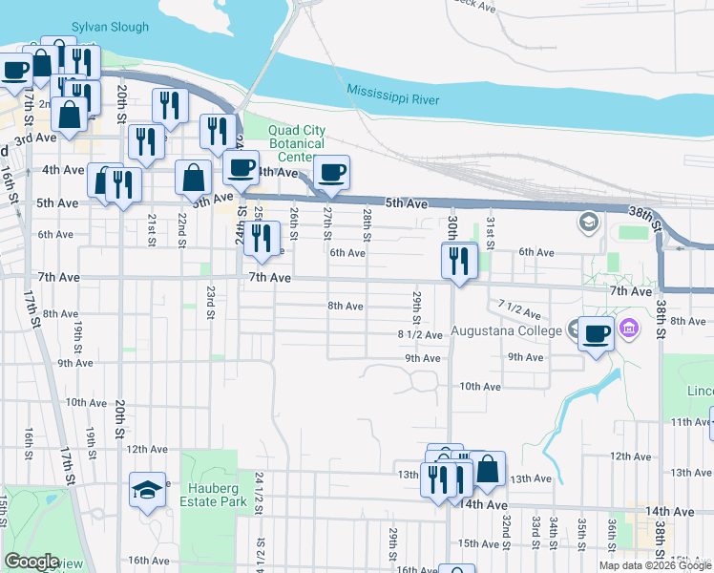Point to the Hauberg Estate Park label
click(x=213, y=494)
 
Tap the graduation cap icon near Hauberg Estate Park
click(x=146, y=490)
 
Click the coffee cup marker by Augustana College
click(x=597, y=333)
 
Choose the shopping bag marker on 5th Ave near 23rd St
click(x=194, y=177)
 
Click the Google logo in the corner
click(x=31, y=562)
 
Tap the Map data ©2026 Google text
click(x=654, y=565)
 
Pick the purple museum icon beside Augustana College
click(x=628, y=330)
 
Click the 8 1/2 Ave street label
click(x=420, y=335)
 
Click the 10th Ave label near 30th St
click(x=480, y=387)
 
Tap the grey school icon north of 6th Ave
click(x=588, y=224)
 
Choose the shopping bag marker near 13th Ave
click(x=487, y=470)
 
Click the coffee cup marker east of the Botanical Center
click(x=331, y=172)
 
